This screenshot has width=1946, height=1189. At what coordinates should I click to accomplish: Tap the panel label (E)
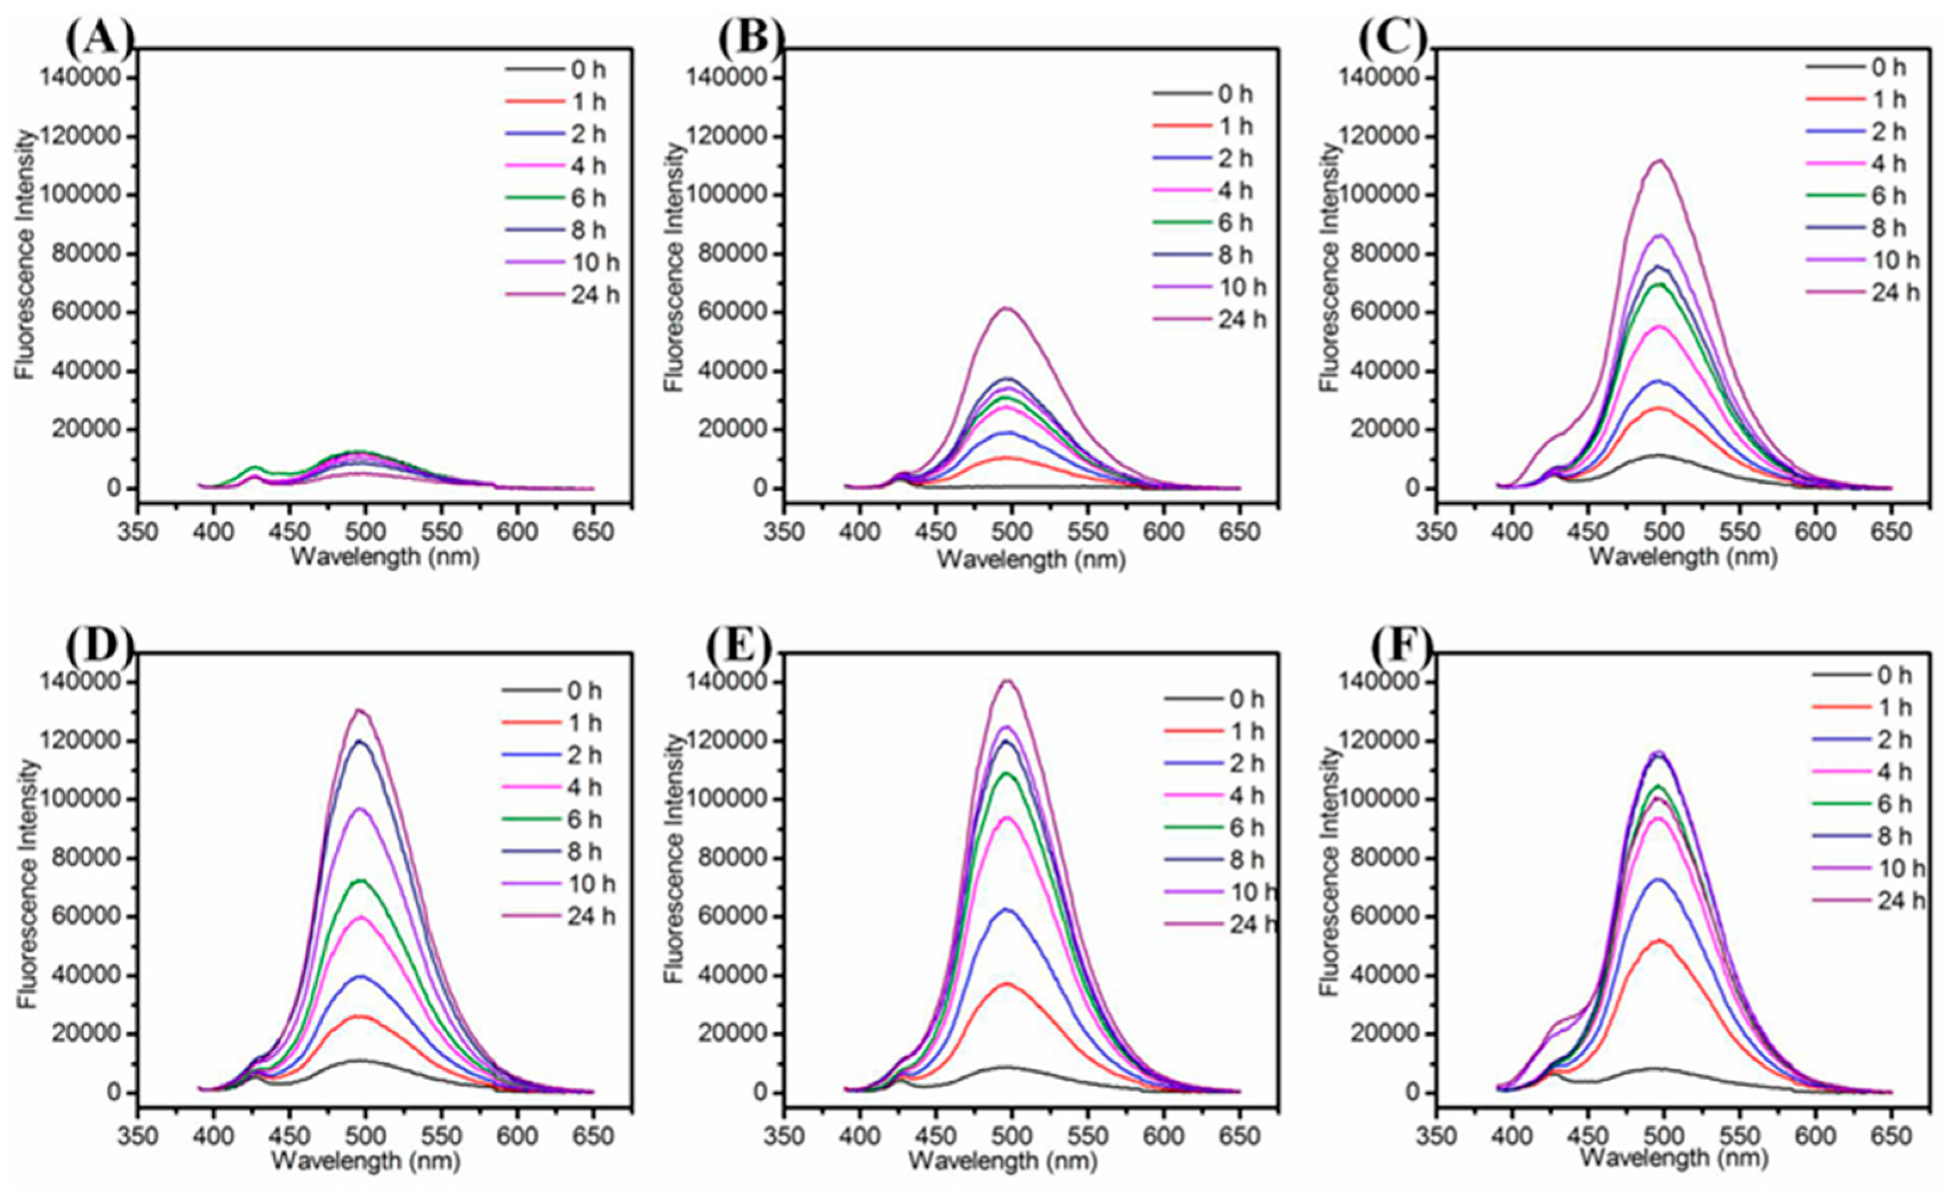(x=738, y=647)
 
